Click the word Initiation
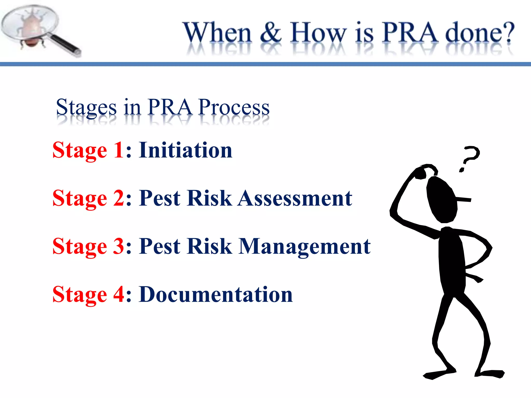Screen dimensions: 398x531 tap(185, 150)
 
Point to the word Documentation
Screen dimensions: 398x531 tap(216, 295)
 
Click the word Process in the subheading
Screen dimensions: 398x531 tap(234, 107)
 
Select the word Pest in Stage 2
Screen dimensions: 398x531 tap(160, 198)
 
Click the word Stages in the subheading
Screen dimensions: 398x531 tap(86, 107)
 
